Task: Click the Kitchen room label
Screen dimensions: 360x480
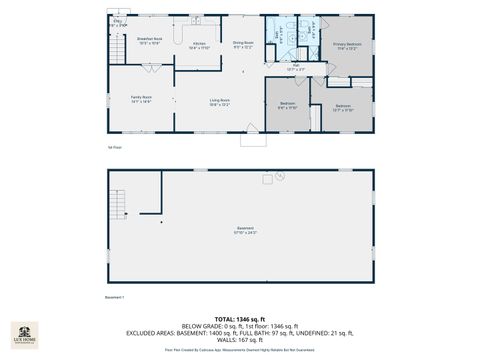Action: pyautogui.click(x=199, y=45)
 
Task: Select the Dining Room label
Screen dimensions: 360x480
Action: pyautogui.click(x=243, y=44)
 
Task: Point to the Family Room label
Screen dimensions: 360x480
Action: pyautogui.click(x=140, y=99)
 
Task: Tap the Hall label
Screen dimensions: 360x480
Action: pyautogui.click(x=296, y=68)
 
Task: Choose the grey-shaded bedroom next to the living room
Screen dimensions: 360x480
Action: pyautogui.click(x=288, y=105)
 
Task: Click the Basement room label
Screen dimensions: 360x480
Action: pyautogui.click(x=245, y=230)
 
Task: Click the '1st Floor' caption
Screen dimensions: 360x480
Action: pyautogui.click(x=114, y=147)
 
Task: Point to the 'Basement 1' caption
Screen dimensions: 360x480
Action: pyautogui.click(x=114, y=297)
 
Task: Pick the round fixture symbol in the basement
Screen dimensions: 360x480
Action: pyautogui.click(x=266, y=180)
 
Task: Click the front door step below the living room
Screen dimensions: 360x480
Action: pyautogui.click(x=252, y=140)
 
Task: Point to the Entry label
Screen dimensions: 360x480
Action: pyautogui.click(x=118, y=21)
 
